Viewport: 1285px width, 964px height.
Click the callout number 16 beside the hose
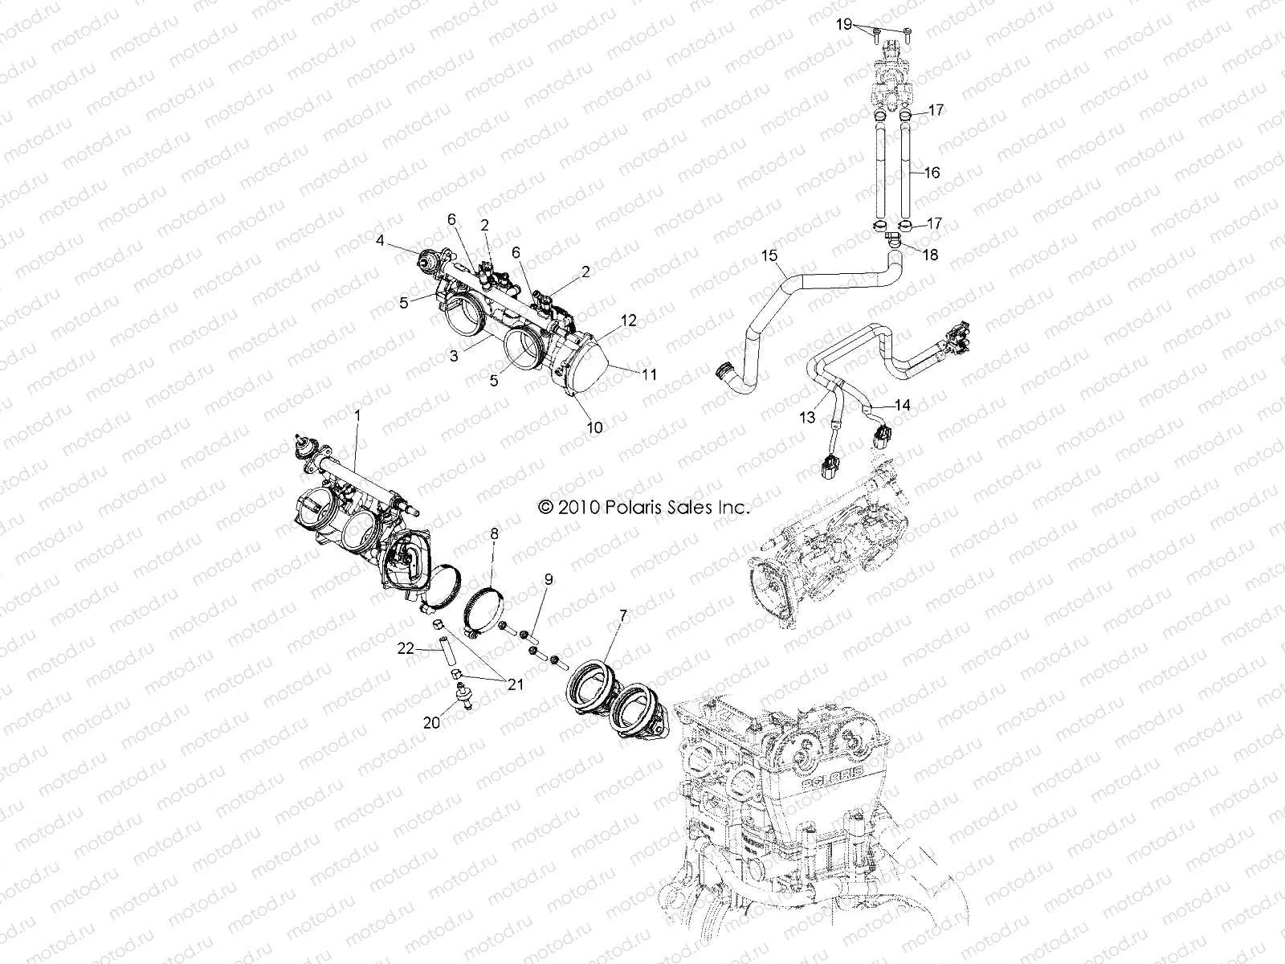click(932, 173)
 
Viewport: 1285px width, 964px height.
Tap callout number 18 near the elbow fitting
click(931, 255)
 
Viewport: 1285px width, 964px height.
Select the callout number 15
click(769, 256)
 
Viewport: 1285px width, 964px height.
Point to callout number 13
click(807, 418)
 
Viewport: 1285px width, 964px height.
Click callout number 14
click(903, 406)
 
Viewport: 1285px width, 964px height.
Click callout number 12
click(628, 321)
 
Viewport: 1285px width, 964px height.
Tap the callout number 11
click(650, 374)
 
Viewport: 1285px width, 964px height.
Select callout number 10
click(594, 428)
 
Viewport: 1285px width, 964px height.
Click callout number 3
click(454, 356)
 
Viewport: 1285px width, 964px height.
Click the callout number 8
click(494, 533)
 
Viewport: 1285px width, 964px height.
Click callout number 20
click(432, 723)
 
